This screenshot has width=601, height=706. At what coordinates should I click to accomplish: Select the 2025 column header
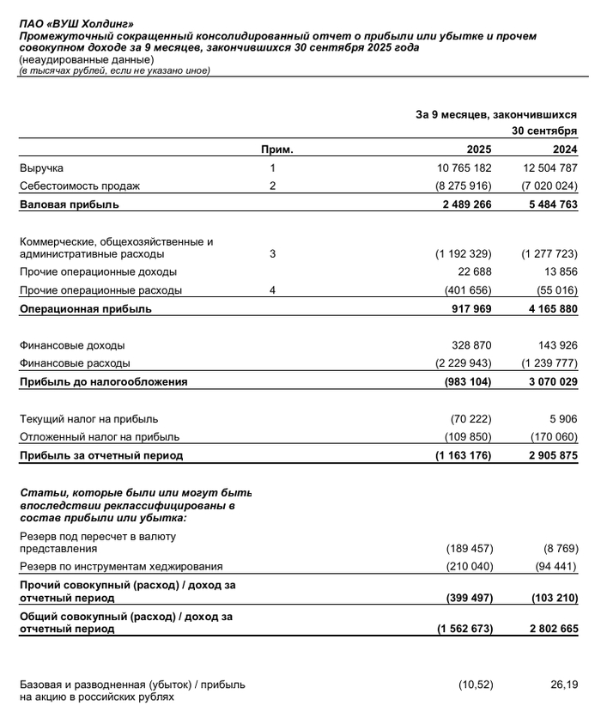coord(478,149)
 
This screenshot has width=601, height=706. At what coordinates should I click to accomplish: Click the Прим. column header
coord(277,149)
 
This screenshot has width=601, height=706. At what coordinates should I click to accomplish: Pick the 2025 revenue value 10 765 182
coord(464,168)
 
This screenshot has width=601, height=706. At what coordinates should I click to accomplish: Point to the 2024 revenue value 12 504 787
coord(549,168)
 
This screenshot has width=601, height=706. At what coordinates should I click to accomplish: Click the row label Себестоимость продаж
coord(80,186)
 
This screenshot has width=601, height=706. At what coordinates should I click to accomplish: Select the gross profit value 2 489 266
coord(464,204)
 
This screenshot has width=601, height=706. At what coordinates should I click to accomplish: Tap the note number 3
coord(272,254)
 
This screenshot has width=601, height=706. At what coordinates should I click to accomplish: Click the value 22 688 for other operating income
coord(473,272)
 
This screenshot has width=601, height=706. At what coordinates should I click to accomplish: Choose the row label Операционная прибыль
coord(86,309)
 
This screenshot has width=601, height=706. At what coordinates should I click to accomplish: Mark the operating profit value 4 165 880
coord(549,309)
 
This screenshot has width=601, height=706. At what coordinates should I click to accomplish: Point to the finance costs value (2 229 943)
coord(464,363)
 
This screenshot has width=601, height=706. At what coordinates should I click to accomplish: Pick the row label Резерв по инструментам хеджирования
coord(121,567)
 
